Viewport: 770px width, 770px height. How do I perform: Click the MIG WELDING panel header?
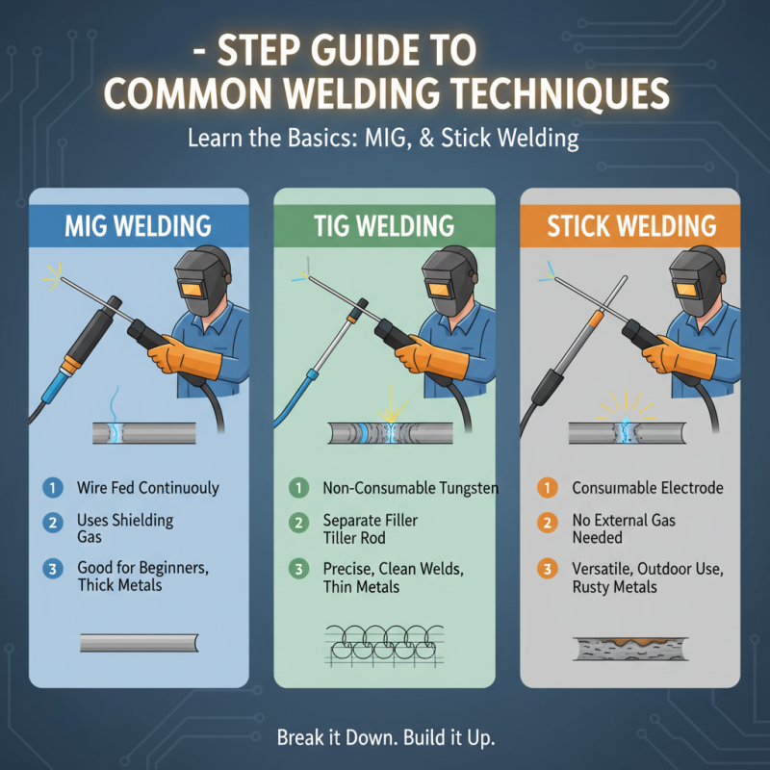pyautogui.click(x=138, y=226)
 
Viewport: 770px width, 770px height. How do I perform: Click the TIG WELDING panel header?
pyautogui.click(x=384, y=226)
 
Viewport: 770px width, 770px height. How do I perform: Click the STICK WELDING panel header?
pyautogui.click(x=630, y=226)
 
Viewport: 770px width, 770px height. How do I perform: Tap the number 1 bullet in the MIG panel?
pyautogui.click(x=52, y=488)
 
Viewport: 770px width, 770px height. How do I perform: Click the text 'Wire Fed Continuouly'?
pyautogui.click(x=147, y=488)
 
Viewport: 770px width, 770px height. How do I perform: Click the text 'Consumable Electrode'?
pyautogui.click(x=647, y=488)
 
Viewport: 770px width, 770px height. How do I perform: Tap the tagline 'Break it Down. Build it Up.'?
pyautogui.click(x=385, y=738)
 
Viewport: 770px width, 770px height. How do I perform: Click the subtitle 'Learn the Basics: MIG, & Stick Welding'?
pyautogui.click(x=385, y=139)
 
